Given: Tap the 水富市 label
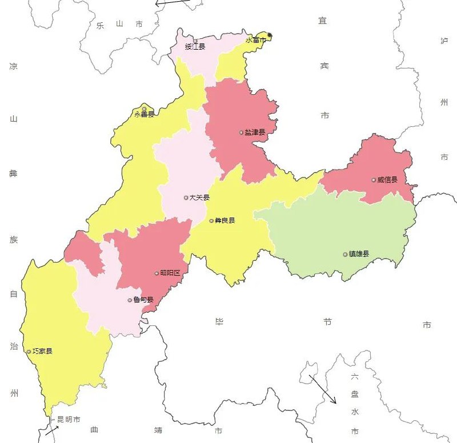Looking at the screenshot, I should tap(256, 40).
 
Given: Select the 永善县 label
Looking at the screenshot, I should tap(144, 114).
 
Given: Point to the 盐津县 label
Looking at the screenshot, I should tap(255, 132).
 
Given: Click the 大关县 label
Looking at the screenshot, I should tap(200, 198).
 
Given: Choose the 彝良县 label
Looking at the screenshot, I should tap(225, 220).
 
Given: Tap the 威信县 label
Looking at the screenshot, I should tap(387, 180).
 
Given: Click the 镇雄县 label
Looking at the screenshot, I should tap(359, 254).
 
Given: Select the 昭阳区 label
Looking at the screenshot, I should tap(170, 273).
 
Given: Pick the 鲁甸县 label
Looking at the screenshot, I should tap(143, 300).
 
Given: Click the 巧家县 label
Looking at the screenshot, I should tap(42, 351).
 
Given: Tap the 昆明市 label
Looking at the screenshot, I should tap(69, 420).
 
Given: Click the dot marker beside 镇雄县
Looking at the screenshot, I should tap(345, 254).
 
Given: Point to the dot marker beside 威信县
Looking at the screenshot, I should tap(374, 180).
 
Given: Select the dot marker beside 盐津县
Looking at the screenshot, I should tap(241, 132).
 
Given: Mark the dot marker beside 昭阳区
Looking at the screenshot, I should tap(157, 273).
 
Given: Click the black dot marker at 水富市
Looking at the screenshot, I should tap(270, 35).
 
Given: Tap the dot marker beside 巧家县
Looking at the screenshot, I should tap(29, 352).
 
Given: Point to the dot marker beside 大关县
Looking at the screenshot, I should tap(186, 198).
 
